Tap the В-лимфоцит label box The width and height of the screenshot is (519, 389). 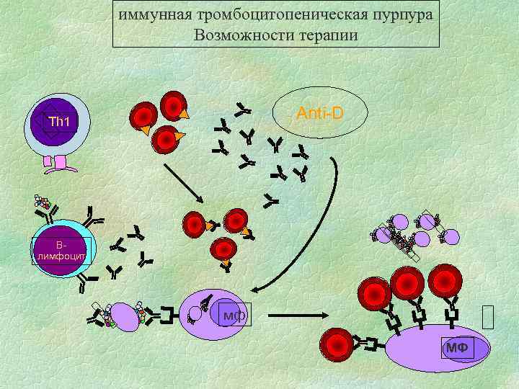61,249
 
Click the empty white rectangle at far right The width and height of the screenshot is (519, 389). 488,317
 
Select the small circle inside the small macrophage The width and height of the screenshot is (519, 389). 195,314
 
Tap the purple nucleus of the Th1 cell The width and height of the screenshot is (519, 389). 56,125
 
